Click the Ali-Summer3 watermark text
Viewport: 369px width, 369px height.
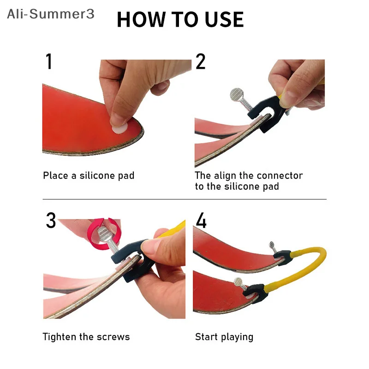[x=50, y=14]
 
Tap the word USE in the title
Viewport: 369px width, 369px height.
[x=223, y=19]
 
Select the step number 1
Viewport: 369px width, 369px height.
[x=49, y=62]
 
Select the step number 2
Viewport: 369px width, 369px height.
[x=201, y=62]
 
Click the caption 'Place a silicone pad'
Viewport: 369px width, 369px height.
[x=89, y=176]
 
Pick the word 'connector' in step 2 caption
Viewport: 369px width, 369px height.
[x=280, y=176]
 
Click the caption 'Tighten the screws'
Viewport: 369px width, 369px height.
[x=86, y=337]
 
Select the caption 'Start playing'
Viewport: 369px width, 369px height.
[x=224, y=337]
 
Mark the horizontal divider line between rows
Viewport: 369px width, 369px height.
[x=184, y=199]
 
